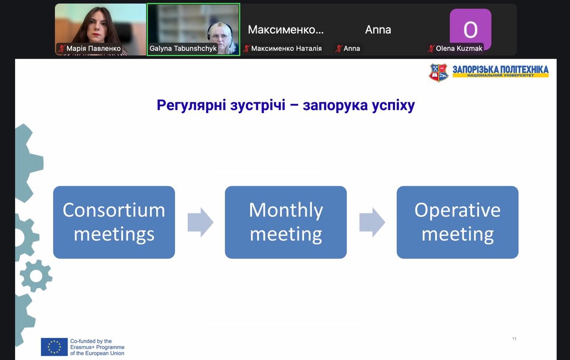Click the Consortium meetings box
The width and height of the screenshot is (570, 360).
tap(114, 222)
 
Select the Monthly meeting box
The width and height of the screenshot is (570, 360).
tap(286, 222)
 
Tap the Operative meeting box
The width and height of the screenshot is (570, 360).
tap(457, 222)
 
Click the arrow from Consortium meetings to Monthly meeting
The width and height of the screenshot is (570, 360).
tap(200, 222)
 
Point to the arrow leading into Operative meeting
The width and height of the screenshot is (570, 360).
tap(372, 222)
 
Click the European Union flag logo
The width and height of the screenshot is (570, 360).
tap(54, 347)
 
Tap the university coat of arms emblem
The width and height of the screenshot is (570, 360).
tap(439, 73)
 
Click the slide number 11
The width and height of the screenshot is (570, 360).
tap(514, 339)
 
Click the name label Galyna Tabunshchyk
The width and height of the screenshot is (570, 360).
tap(183, 49)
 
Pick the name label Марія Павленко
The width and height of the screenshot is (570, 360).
tap(94, 49)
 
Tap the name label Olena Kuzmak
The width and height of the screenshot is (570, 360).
tap(459, 49)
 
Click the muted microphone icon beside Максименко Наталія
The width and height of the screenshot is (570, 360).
tap(246, 49)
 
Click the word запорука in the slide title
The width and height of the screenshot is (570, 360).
tap(335, 105)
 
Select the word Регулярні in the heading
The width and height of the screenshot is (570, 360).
tap(191, 105)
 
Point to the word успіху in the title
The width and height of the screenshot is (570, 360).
tap(393, 105)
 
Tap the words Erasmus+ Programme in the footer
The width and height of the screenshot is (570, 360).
tap(97, 347)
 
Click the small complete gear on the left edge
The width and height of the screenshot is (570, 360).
tap(36, 276)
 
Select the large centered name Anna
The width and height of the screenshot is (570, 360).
tap(378, 30)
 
